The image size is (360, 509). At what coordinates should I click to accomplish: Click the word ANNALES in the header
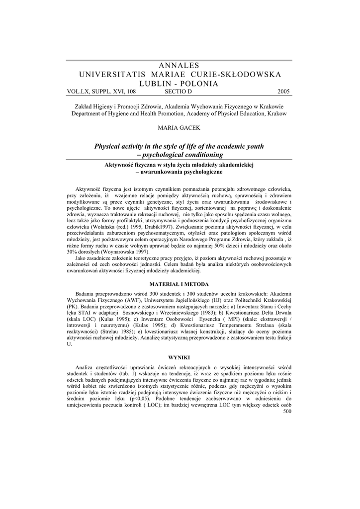179,66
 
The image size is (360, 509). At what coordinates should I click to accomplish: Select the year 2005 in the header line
282,91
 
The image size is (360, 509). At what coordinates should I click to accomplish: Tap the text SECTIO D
178,91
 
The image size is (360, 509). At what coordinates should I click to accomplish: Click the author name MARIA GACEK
179,128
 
